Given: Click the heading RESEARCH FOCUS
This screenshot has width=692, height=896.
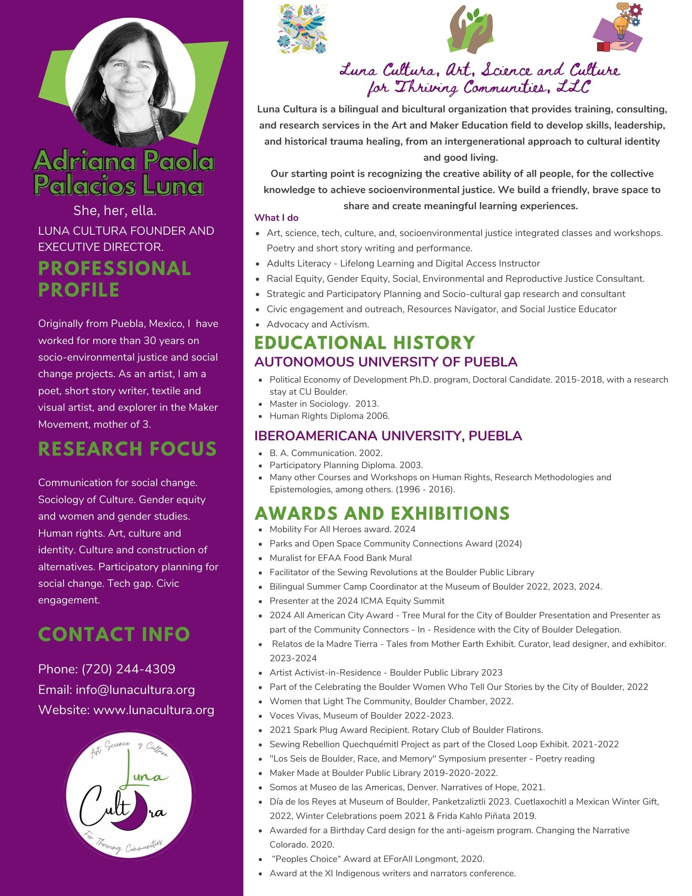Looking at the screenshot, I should (128, 449).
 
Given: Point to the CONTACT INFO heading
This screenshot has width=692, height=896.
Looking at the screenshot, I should (114, 634).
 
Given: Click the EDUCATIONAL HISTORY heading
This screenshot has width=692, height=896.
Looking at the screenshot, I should (365, 343).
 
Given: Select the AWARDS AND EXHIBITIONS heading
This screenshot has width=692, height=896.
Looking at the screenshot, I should (382, 513).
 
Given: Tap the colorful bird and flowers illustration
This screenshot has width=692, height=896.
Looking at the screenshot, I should (302, 28).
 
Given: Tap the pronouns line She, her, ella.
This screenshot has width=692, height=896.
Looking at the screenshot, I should (115, 211).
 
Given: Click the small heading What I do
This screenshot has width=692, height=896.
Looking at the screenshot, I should (276, 218).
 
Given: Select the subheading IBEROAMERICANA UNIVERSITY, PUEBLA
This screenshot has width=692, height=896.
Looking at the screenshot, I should (388, 435).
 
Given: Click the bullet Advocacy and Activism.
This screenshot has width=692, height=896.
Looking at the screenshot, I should (318, 324).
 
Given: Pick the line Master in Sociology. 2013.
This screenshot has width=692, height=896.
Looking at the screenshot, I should (324, 404).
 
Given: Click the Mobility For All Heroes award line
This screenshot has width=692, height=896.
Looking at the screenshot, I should (342, 529).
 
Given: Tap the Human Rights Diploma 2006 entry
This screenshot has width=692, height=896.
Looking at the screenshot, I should (329, 416).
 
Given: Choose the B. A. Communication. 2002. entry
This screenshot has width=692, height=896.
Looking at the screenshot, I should (326, 453).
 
